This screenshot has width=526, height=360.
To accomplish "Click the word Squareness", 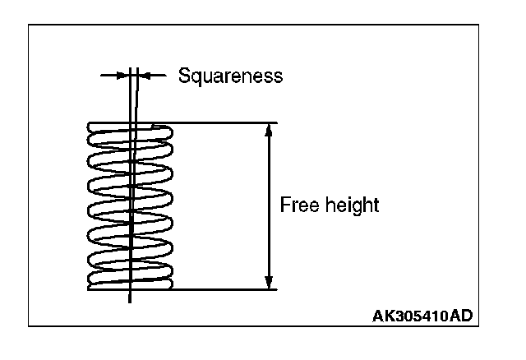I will (230, 76).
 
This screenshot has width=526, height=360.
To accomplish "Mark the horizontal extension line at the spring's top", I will (222, 123).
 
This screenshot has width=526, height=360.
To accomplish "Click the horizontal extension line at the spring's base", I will (222, 289).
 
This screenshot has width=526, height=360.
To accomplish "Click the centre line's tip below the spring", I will (130, 301).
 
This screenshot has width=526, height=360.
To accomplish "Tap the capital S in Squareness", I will (184, 76).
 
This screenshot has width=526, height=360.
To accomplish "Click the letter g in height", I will (351, 206).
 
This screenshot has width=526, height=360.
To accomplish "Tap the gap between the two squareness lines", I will (134, 76).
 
